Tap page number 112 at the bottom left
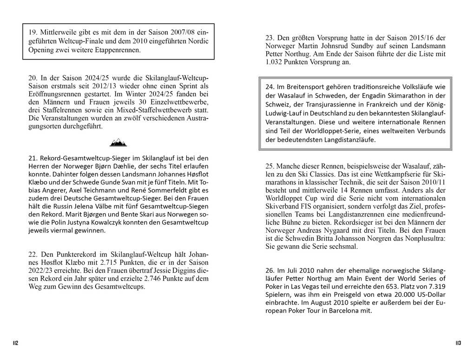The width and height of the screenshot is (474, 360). [x=15, y=343]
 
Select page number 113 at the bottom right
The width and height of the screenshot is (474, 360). [x=458, y=343]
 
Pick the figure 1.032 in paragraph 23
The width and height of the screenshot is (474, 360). [x=275, y=62]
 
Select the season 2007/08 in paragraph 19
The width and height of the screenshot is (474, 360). [x=171, y=33]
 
